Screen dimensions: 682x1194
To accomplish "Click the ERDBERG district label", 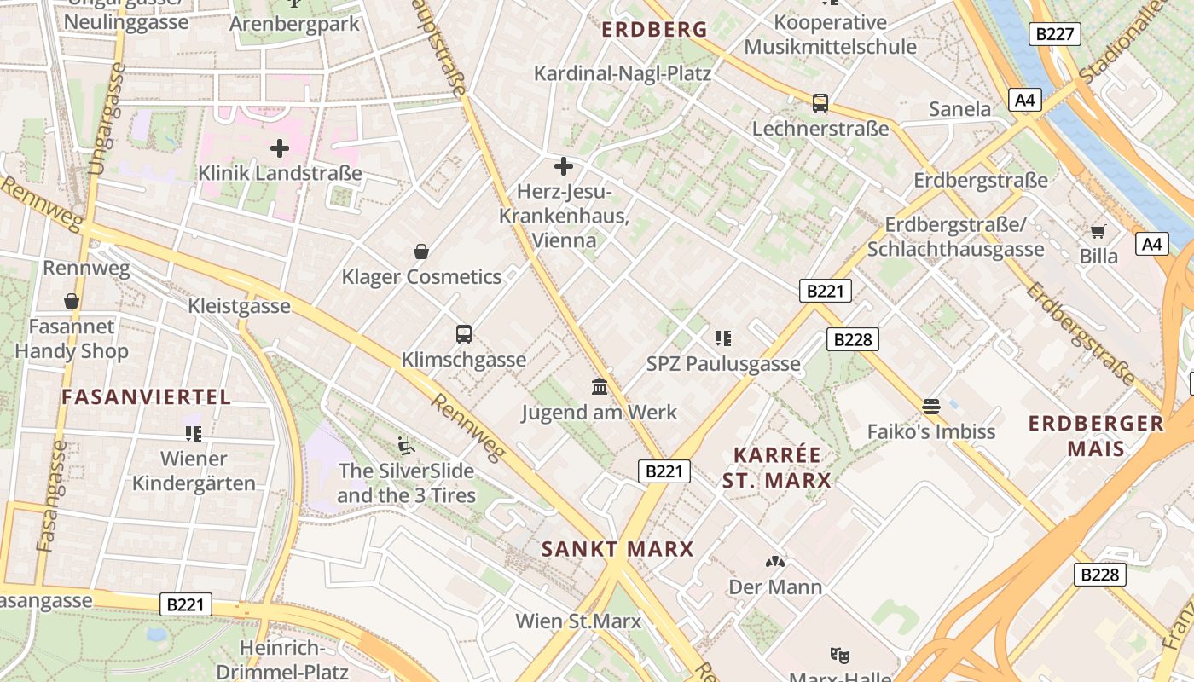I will pos(654,30).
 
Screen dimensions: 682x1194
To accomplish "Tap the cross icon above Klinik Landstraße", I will pos(280,148).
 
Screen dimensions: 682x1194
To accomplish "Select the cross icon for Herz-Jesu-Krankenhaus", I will pos(563,166).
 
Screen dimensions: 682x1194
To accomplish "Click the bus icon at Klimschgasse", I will pos(464,334).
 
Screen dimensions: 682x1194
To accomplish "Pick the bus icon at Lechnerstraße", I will pos(820,103).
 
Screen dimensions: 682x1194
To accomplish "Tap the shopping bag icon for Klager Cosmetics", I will pos(420,251).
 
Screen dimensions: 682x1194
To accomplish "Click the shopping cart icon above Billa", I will pos(1098,231).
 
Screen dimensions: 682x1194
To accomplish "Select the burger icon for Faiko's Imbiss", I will pos(930,407).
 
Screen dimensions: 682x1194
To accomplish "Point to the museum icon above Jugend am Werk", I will pos(600,387).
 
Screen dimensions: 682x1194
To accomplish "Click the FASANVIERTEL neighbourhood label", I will pos(146,396).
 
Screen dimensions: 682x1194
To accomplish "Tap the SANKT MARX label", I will pos(617,549).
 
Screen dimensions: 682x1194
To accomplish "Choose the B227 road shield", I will pos(1055,34).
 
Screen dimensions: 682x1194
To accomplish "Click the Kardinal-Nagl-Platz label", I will pos(622,73).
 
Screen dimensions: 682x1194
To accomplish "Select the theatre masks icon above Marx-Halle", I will pos(840,656).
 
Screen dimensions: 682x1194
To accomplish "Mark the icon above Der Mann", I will pos(775,562).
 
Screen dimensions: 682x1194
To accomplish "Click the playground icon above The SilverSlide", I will pos(406,445).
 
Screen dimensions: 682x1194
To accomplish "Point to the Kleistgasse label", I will pos(239,306).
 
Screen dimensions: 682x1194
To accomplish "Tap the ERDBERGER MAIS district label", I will pos(1096,436).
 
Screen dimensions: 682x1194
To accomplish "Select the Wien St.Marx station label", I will pos(577,621).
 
